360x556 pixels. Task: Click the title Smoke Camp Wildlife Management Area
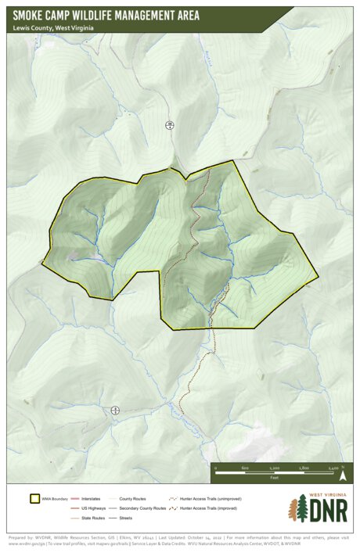pos(106,15)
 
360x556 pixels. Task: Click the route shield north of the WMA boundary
pos(169,125)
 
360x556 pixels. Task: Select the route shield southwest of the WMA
pos(116,410)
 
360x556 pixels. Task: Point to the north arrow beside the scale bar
pos(343,471)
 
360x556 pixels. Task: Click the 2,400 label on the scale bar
pos(333,467)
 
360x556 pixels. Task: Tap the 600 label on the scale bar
pos(245,467)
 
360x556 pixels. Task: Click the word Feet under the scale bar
pos(274,476)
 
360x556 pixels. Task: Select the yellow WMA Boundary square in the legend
pos(34,498)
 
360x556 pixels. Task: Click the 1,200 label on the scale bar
pos(274,467)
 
